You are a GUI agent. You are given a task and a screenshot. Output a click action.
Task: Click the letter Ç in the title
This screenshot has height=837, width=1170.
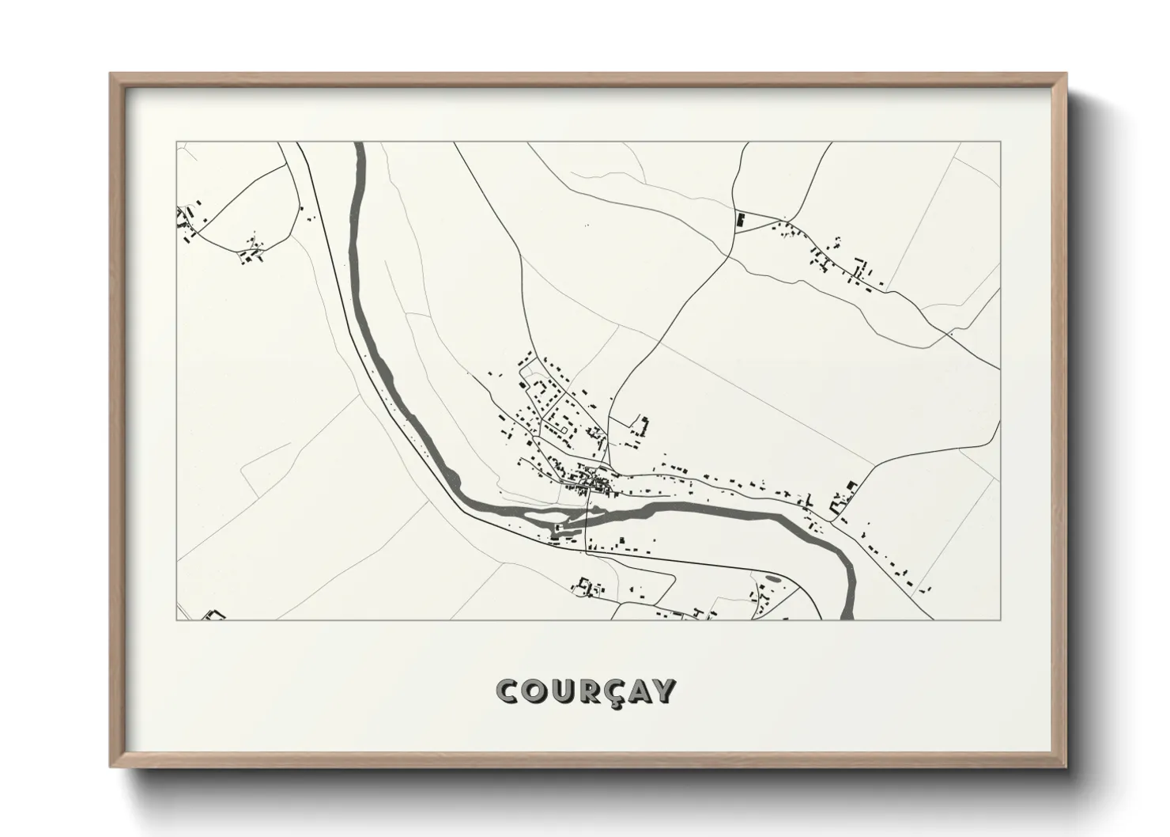coord(609,691)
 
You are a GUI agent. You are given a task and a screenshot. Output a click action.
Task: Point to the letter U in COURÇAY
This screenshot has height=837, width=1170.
coord(557,691)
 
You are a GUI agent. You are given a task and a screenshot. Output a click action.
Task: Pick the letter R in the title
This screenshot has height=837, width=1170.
coord(583,691)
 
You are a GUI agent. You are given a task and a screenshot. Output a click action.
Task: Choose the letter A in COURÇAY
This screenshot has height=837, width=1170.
coord(636,691)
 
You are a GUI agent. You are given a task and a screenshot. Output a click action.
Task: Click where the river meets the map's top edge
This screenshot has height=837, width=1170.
coord(360,144)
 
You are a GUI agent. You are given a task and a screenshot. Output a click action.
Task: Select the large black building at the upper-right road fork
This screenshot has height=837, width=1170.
coord(741,221)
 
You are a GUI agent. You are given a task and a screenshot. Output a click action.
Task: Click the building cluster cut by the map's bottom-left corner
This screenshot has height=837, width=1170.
coord(213,614)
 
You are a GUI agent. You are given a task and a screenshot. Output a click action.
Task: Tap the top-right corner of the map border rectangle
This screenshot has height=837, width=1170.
coord(1001,142)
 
